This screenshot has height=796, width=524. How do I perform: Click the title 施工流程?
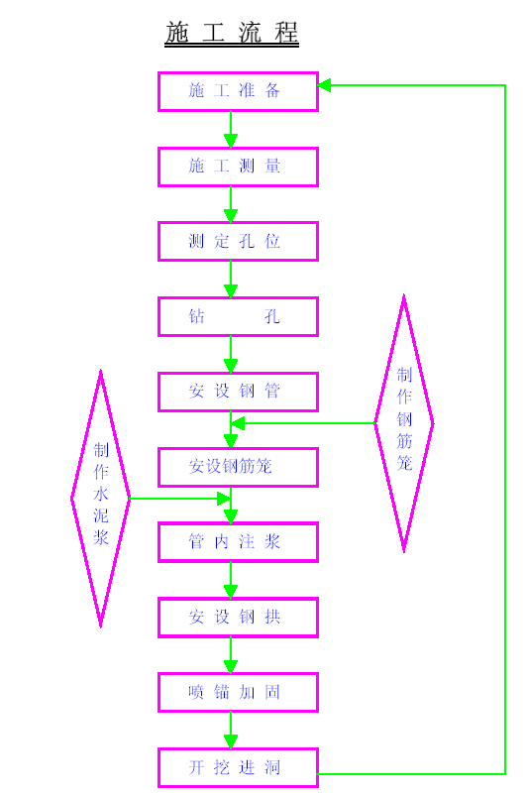coord(232,33)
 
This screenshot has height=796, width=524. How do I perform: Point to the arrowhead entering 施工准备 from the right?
coord(325,85)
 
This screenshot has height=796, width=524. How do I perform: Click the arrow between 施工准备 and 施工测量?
coord(231,130)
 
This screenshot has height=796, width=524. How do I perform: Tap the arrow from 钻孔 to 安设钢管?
coord(231,354)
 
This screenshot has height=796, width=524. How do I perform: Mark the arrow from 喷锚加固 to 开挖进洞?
coord(231,730)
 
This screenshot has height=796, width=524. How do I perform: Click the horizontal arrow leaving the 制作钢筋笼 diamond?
coord(303,423)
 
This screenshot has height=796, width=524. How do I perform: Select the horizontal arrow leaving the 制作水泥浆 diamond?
coord(180,499)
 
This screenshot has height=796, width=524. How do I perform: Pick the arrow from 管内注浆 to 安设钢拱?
coord(231,580)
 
